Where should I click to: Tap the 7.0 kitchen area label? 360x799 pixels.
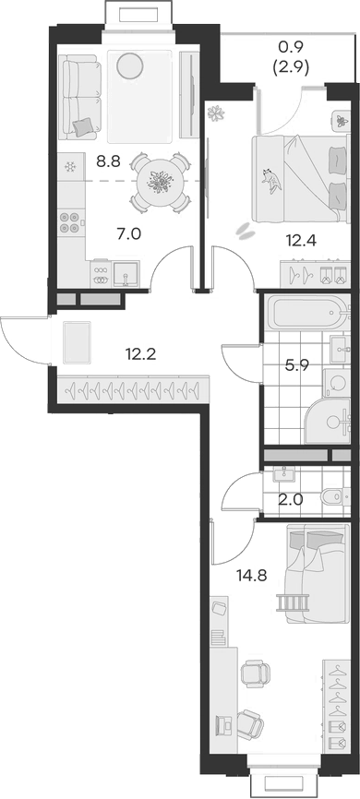(x=128, y=233)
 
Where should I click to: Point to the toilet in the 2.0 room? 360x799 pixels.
(x=328, y=499)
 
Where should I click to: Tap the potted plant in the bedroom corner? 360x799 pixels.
(x=217, y=113)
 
